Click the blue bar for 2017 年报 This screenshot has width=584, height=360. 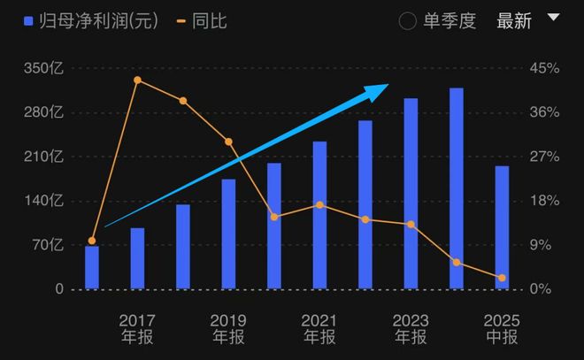coord(137,258)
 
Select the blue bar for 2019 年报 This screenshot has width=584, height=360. coord(228,234)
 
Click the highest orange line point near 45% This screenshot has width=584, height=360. coord(137,80)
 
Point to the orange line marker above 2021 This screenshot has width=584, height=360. coord(319,205)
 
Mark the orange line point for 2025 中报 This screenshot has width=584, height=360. coord(502,278)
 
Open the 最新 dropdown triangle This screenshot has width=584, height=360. coord(554,18)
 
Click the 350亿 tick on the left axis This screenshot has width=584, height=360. coord(44,68)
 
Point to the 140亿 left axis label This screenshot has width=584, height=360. coord(44,201)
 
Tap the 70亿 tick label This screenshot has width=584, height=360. coord(48,245)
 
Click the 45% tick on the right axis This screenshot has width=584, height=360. coord(545,68)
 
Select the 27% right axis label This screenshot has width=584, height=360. coord(545,157)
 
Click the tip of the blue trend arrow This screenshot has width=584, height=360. coord(388,86)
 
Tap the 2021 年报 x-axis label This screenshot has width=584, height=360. coord(319,328)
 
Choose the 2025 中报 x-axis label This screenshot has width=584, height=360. coord(502,328)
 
